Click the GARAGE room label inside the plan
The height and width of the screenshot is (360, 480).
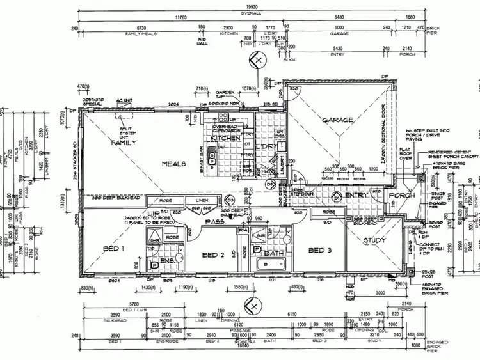338,120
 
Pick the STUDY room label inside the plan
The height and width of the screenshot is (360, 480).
375,240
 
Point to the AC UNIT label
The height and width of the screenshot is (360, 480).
123,101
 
